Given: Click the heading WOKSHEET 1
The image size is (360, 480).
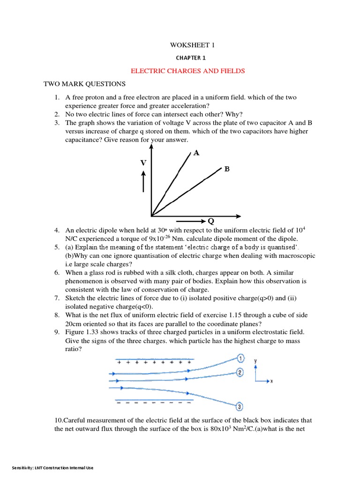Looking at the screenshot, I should pyautogui.click(x=187, y=45).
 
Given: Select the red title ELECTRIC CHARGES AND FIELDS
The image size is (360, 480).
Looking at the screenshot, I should pyautogui.click(x=187, y=71).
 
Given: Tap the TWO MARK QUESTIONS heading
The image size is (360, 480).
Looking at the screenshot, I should pyautogui.click(x=84, y=84).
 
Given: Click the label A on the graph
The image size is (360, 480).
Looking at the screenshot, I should pyautogui.click(x=196, y=153).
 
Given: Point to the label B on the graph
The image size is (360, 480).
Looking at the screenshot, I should pyautogui.click(x=227, y=169).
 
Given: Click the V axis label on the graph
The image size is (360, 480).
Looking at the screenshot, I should pyautogui.click(x=143, y=163).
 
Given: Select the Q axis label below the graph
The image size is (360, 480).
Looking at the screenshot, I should pyautogui.click(x=210, y=221).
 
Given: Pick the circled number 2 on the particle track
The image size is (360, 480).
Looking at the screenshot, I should pyautogui.click(x=240, y=373).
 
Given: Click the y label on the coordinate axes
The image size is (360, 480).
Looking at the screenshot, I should pyautogui.click(x=255, y=361).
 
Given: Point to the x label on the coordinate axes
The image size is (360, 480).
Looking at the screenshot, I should pyautogui.click(x=271, y=382).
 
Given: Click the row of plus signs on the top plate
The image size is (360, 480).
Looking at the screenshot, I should pyautogui.click(x=153, y=363).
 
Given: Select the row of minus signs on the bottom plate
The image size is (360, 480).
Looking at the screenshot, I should pyautogui.click(x=153, y=403).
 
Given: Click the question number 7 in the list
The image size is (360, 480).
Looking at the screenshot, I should pyautogui.click(x=56, y=298).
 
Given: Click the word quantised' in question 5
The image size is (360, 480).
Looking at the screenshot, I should pyautogui.click(x=281, y=247).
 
